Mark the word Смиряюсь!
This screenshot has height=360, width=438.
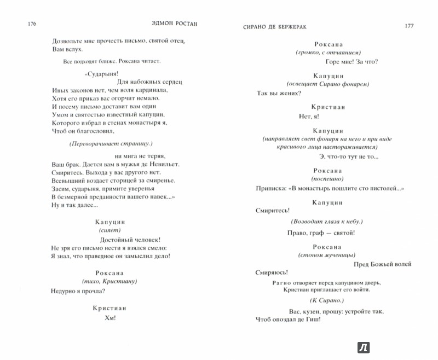point(272,272)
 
